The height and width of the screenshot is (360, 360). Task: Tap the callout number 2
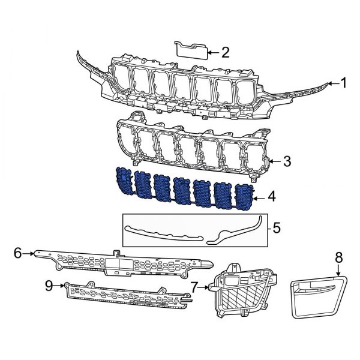click(x=225, y=52)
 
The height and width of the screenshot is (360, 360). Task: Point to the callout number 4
click(x=272, y=196)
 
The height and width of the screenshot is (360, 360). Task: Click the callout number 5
click(x=276, y=228)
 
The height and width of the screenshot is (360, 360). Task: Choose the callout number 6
click(x=17, y=254)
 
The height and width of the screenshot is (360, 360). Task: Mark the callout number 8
click(x=338, y=257)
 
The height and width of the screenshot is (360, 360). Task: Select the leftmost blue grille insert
click(x=123, y=181)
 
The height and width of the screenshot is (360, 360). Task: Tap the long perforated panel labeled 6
click(x=120, y=262)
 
